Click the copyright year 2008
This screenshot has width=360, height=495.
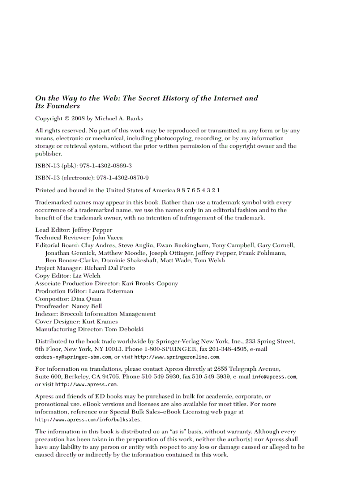tap(73, 119)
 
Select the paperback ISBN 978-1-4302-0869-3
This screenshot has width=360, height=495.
tap(105, 166)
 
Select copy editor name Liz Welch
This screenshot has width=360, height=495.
tap(86, 275)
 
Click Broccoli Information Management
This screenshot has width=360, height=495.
tap(108, 314)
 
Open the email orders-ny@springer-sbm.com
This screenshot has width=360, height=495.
tap(73, 357)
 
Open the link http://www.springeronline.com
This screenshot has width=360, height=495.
tap(176, 357)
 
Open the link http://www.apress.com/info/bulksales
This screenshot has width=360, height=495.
tap(88, 420)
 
